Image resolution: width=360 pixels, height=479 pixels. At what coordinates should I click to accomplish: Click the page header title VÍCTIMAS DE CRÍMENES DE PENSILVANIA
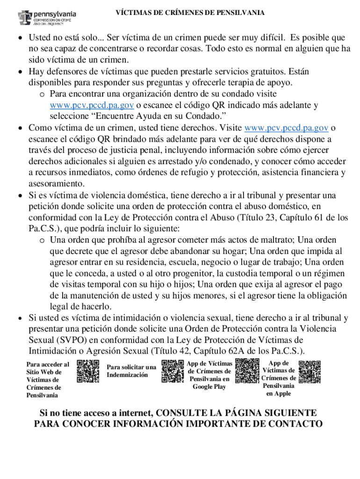190,13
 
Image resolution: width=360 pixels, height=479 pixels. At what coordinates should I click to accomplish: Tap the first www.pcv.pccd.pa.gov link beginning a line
86,105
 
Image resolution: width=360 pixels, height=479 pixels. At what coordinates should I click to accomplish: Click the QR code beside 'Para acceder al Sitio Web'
88,372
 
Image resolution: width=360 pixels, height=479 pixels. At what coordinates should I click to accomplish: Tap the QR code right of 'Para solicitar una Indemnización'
173,371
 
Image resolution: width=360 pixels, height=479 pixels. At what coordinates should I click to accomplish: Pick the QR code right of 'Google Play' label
247,371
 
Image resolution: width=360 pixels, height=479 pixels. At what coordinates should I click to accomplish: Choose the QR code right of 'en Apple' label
310,372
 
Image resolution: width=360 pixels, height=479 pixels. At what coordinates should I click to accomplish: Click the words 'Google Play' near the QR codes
209,387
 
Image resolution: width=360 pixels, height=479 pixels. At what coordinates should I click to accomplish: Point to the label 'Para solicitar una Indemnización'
131,371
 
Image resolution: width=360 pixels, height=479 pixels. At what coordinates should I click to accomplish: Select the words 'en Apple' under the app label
279,393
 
